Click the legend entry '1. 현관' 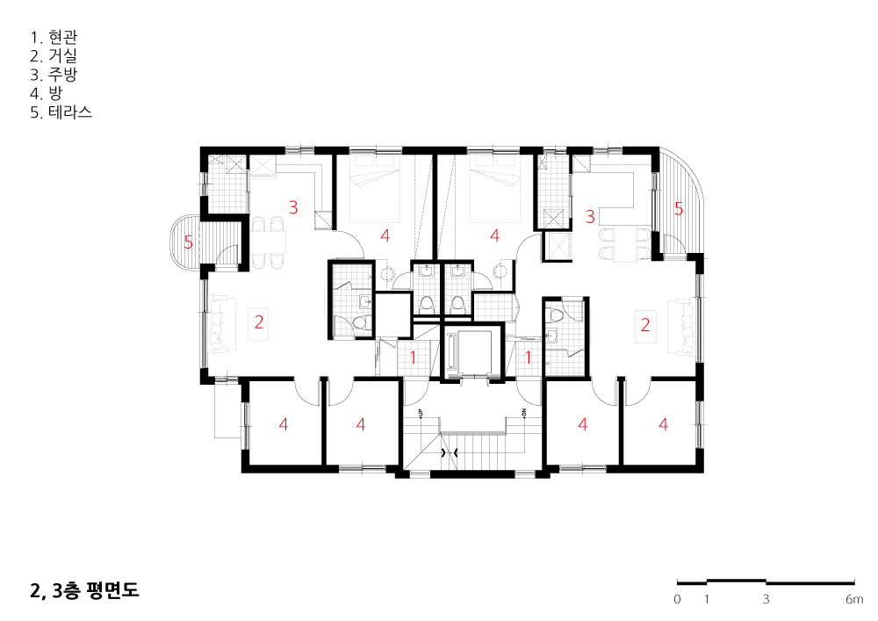[x=54, y=38]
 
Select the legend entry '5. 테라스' [x=61, y=112]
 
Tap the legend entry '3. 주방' [x=54, y=75]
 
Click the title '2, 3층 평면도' [x=84, y=590]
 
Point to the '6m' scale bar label [x=854, y=599]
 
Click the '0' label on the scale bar [x=677, y=599]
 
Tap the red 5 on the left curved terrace [x=188, y=242]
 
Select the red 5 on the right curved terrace [x=679, y=209]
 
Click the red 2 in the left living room [x=259, y=322]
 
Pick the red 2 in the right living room [x=645, y=325]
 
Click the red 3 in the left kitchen [x=293, y=207]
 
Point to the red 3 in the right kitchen [x=590, y=216]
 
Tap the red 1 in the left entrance [x=414, y=357]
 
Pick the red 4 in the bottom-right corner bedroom [x=664, y=424]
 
